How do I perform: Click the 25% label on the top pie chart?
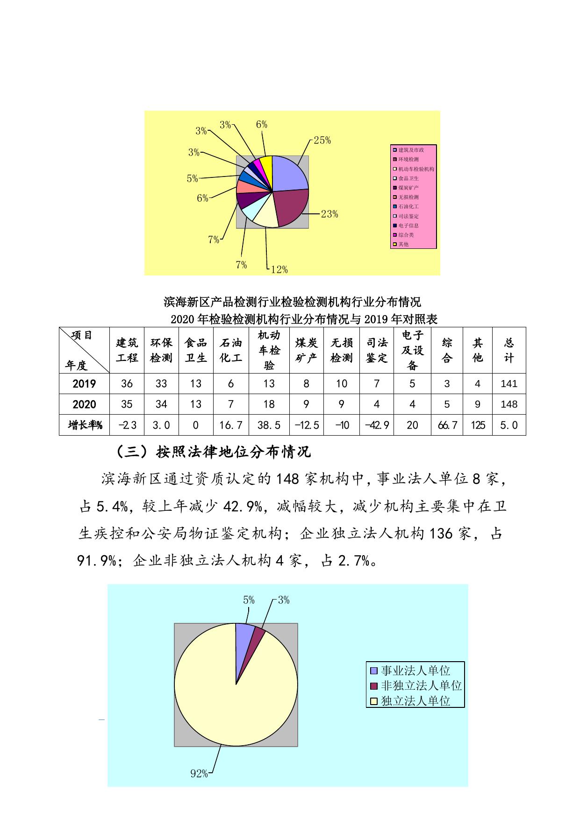click(x=322, y=140)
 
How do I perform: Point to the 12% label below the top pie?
click(x=279, y=269)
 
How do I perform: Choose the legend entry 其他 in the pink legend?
click(x=403, y=244)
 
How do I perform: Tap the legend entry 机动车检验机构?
click(x=415, y=169)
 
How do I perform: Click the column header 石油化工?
click(x=231, y=350)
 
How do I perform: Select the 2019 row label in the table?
click(x=84, y=384)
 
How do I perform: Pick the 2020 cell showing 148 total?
click(x=508, y=404)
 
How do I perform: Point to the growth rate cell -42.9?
click(x=377, y=425)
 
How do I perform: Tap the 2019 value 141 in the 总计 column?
click(x=508, y=384)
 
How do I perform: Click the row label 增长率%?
click(x=85, y=425)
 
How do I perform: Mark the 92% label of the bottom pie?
click(x=199, y=774)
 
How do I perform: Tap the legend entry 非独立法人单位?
click(x=421, y=685)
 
